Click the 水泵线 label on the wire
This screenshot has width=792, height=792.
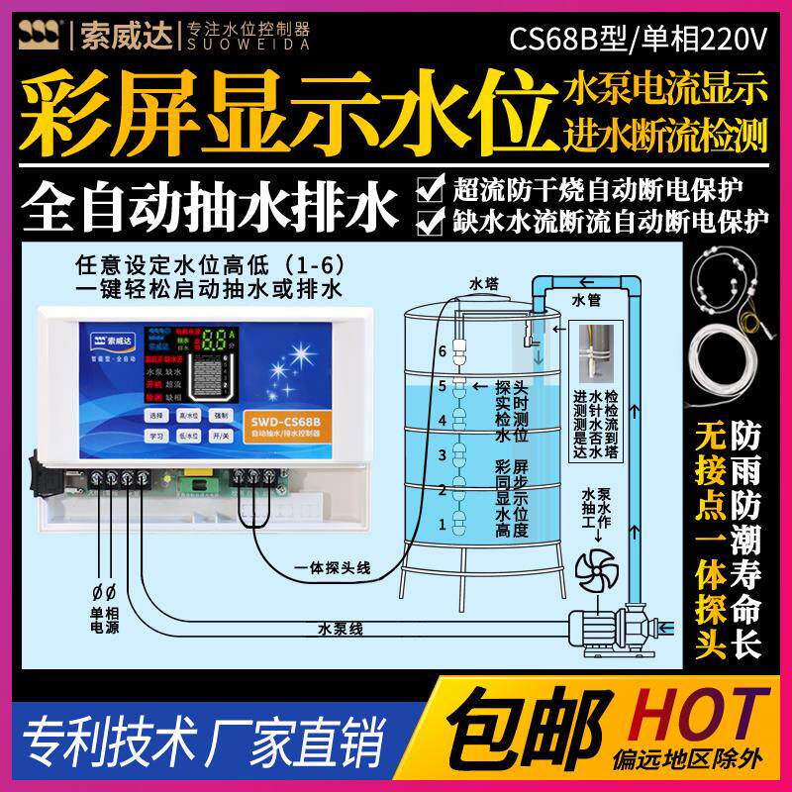click(342, 628)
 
